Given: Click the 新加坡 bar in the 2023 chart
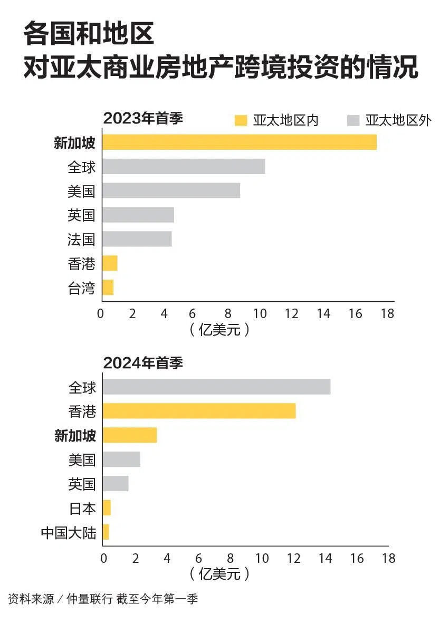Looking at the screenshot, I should tap(239, 142).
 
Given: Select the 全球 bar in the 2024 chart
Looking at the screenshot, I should tap(216, 387).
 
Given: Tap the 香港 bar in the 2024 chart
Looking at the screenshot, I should tap(199, 411).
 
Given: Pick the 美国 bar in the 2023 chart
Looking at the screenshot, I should tap(171, 190).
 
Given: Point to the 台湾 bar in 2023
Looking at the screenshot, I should tap(108, 287).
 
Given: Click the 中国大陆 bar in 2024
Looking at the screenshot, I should tap(106, 532).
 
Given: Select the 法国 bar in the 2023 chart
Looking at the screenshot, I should tap(137, 239).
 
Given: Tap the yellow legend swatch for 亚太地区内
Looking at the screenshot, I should tap(241, 121).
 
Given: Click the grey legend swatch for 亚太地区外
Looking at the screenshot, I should tap(353, 121).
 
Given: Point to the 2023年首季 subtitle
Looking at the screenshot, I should tap(142, 118).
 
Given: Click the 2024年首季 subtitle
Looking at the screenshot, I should tap(142, 363).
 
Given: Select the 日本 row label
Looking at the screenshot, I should tap(83, 509).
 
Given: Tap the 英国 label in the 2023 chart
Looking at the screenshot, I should tap(81, 215).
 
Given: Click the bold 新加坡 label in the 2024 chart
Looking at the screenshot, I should tap(75, 435).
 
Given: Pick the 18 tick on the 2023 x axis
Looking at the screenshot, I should tap(387, 313).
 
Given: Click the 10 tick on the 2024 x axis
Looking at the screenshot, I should tap(262, 558).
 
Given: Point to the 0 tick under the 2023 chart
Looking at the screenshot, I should tap(101, 313).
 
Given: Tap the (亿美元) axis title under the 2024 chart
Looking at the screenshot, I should tap(218, 573).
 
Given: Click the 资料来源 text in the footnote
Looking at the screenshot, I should tap(31, 599).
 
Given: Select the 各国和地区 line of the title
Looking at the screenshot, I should tap(89, 34).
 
